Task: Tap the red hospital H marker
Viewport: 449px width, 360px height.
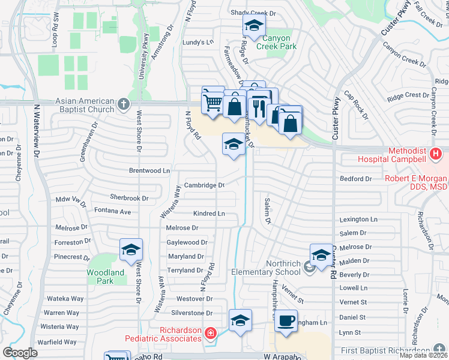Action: (x=436, y=155)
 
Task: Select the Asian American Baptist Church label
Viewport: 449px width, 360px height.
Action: (x=85, y=105)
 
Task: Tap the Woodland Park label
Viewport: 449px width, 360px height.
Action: (x=105, y=277)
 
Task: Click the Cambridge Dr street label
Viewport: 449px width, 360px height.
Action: (x=204, y=185)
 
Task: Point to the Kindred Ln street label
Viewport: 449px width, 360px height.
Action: (x=209, y=214)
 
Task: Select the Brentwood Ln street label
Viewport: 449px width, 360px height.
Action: (x=150, y=170)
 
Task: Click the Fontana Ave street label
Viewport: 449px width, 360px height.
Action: (x=112, y=211)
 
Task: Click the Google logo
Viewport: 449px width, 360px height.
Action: (x=20, y=353)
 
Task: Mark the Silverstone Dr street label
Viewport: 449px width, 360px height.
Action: (x=192, y=313)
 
